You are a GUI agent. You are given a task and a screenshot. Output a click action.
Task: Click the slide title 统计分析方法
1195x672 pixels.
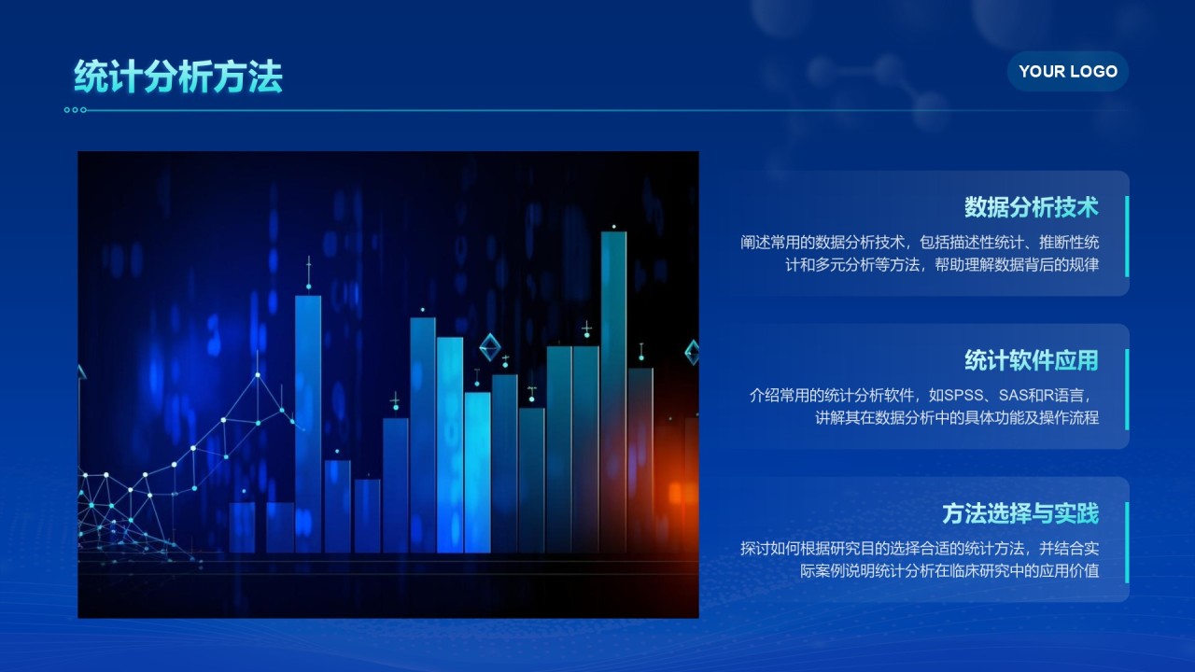click(177, 77)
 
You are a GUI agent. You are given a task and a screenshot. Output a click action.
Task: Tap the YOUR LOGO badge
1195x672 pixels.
click(1067, 71)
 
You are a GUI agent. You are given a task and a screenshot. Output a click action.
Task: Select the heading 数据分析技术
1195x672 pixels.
click(1031, 206)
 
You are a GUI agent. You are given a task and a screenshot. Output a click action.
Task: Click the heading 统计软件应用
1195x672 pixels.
click(1031, 360)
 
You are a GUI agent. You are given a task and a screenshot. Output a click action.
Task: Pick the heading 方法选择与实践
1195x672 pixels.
click(1019, 513)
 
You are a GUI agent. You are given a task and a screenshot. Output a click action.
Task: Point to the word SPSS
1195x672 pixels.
click(951, 395)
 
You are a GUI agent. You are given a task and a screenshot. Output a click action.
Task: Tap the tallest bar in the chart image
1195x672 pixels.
click(613, 392)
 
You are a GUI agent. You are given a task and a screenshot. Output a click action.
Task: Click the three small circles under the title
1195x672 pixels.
click(76, 110)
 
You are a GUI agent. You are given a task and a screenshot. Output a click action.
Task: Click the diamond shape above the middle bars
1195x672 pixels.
click(489, 346)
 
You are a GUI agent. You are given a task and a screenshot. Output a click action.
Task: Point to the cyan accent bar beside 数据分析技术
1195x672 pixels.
click(1127, 235)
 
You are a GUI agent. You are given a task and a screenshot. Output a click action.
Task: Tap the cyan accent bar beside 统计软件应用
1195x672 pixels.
click(1127, 388)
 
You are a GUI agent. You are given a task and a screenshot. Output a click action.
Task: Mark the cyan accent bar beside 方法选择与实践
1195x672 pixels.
click(1127, 541)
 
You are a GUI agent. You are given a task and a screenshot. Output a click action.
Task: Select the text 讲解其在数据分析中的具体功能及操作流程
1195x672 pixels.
click(956, 417)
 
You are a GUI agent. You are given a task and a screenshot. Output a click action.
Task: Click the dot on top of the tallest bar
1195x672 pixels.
click(613, 227)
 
